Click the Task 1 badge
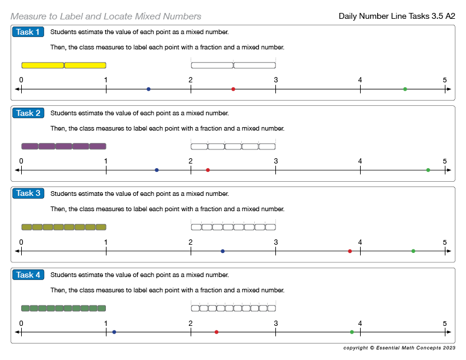click(x=28, y=32)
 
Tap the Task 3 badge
click(x=28, y=194)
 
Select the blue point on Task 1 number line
click(x=148, y=89)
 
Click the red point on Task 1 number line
click(x=233, y=89)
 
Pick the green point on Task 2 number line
click(x=428, y=170)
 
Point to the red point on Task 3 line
click(x=349, y=251)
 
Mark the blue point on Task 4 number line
click(x=114, y=332)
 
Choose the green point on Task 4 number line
click(x=352, y=332)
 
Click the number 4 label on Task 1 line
click(x=360, y=80)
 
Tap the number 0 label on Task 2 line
click(x=21, y=161)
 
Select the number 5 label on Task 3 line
click(x=445, y=242)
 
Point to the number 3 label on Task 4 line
click(x=275, y=323)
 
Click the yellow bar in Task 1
click(x=64, y=65)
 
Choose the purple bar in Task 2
click(x=64, y=146)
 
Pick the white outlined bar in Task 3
click(x=233, y=227)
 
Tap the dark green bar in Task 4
click(x=64, y=308)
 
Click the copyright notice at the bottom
click(x=399, y=348)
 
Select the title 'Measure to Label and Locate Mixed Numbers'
click(x=106, y=16)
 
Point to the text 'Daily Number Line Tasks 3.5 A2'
click(x=397, y=16)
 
